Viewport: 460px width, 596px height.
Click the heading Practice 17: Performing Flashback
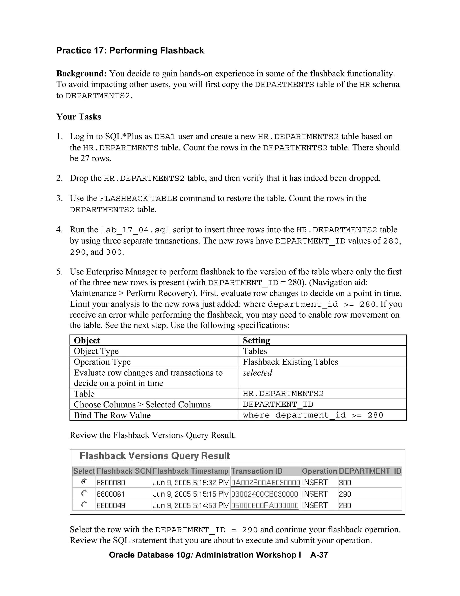point(130,50)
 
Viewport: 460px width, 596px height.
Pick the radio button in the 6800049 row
point(84,505)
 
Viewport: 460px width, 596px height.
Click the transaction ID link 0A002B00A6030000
point(265,482)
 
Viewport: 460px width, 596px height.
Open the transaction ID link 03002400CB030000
point(264,494)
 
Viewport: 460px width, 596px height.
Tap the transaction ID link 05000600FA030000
point(265,505)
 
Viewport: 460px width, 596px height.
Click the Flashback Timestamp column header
point(190,471)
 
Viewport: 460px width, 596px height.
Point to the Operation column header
point(319,471)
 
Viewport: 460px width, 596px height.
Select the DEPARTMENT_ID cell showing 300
point(345,482)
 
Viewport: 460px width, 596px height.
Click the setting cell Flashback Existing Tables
point(290,362)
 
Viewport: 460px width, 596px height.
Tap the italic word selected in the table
point(257,373)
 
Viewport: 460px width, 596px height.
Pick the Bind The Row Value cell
point(112,415)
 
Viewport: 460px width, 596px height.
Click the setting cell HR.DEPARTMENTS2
point(283,394)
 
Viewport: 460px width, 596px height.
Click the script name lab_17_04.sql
point(135,230)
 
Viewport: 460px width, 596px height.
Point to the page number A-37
point(319,555)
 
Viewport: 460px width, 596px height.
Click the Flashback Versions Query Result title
point(155,456)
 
